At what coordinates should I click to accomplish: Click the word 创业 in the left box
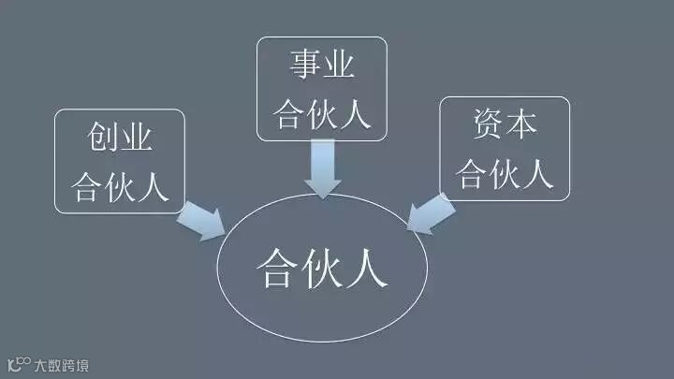pyautogui.click(x=121, y=141)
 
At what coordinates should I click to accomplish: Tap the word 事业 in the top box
pyautogui.click(x=321, y=68)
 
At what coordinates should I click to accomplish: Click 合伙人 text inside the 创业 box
pyautogui.click(x=121, y=185)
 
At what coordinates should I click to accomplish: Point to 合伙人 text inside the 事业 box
pyautogui.click(x=321, y=113)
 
